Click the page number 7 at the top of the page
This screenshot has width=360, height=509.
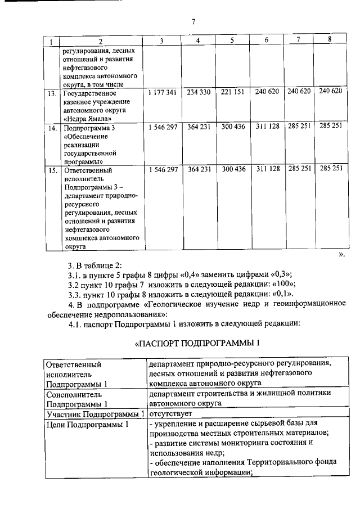pyautogui.click(x=193, y=22)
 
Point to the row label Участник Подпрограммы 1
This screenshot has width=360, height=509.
pyautogui.click(x=94, y=414)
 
